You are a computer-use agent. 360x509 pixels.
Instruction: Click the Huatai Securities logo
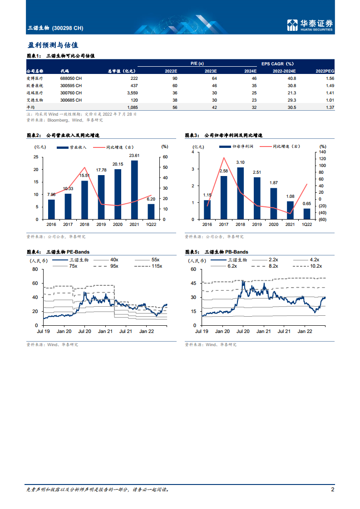[x=311, y=25]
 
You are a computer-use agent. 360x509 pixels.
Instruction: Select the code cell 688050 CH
[x=71, y=78]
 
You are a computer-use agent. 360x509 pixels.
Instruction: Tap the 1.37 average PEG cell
[x=330, y=107]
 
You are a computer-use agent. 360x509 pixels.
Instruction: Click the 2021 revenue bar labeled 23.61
[x=134, y=190]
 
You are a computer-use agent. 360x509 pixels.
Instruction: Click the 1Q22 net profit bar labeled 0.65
[x=307, y=214]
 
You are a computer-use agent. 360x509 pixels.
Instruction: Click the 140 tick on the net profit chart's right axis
[x=323, y=152]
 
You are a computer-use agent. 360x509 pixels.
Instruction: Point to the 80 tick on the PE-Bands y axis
[x=35, y=269]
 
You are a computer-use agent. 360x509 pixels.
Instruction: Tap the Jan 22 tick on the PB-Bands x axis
[x=304, y=332]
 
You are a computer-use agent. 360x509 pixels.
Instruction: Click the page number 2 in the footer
[x=332, y=489]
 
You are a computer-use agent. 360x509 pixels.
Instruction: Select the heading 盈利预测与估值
[x=53, y=45]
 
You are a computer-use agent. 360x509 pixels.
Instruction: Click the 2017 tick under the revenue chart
[x=68, y=224]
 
